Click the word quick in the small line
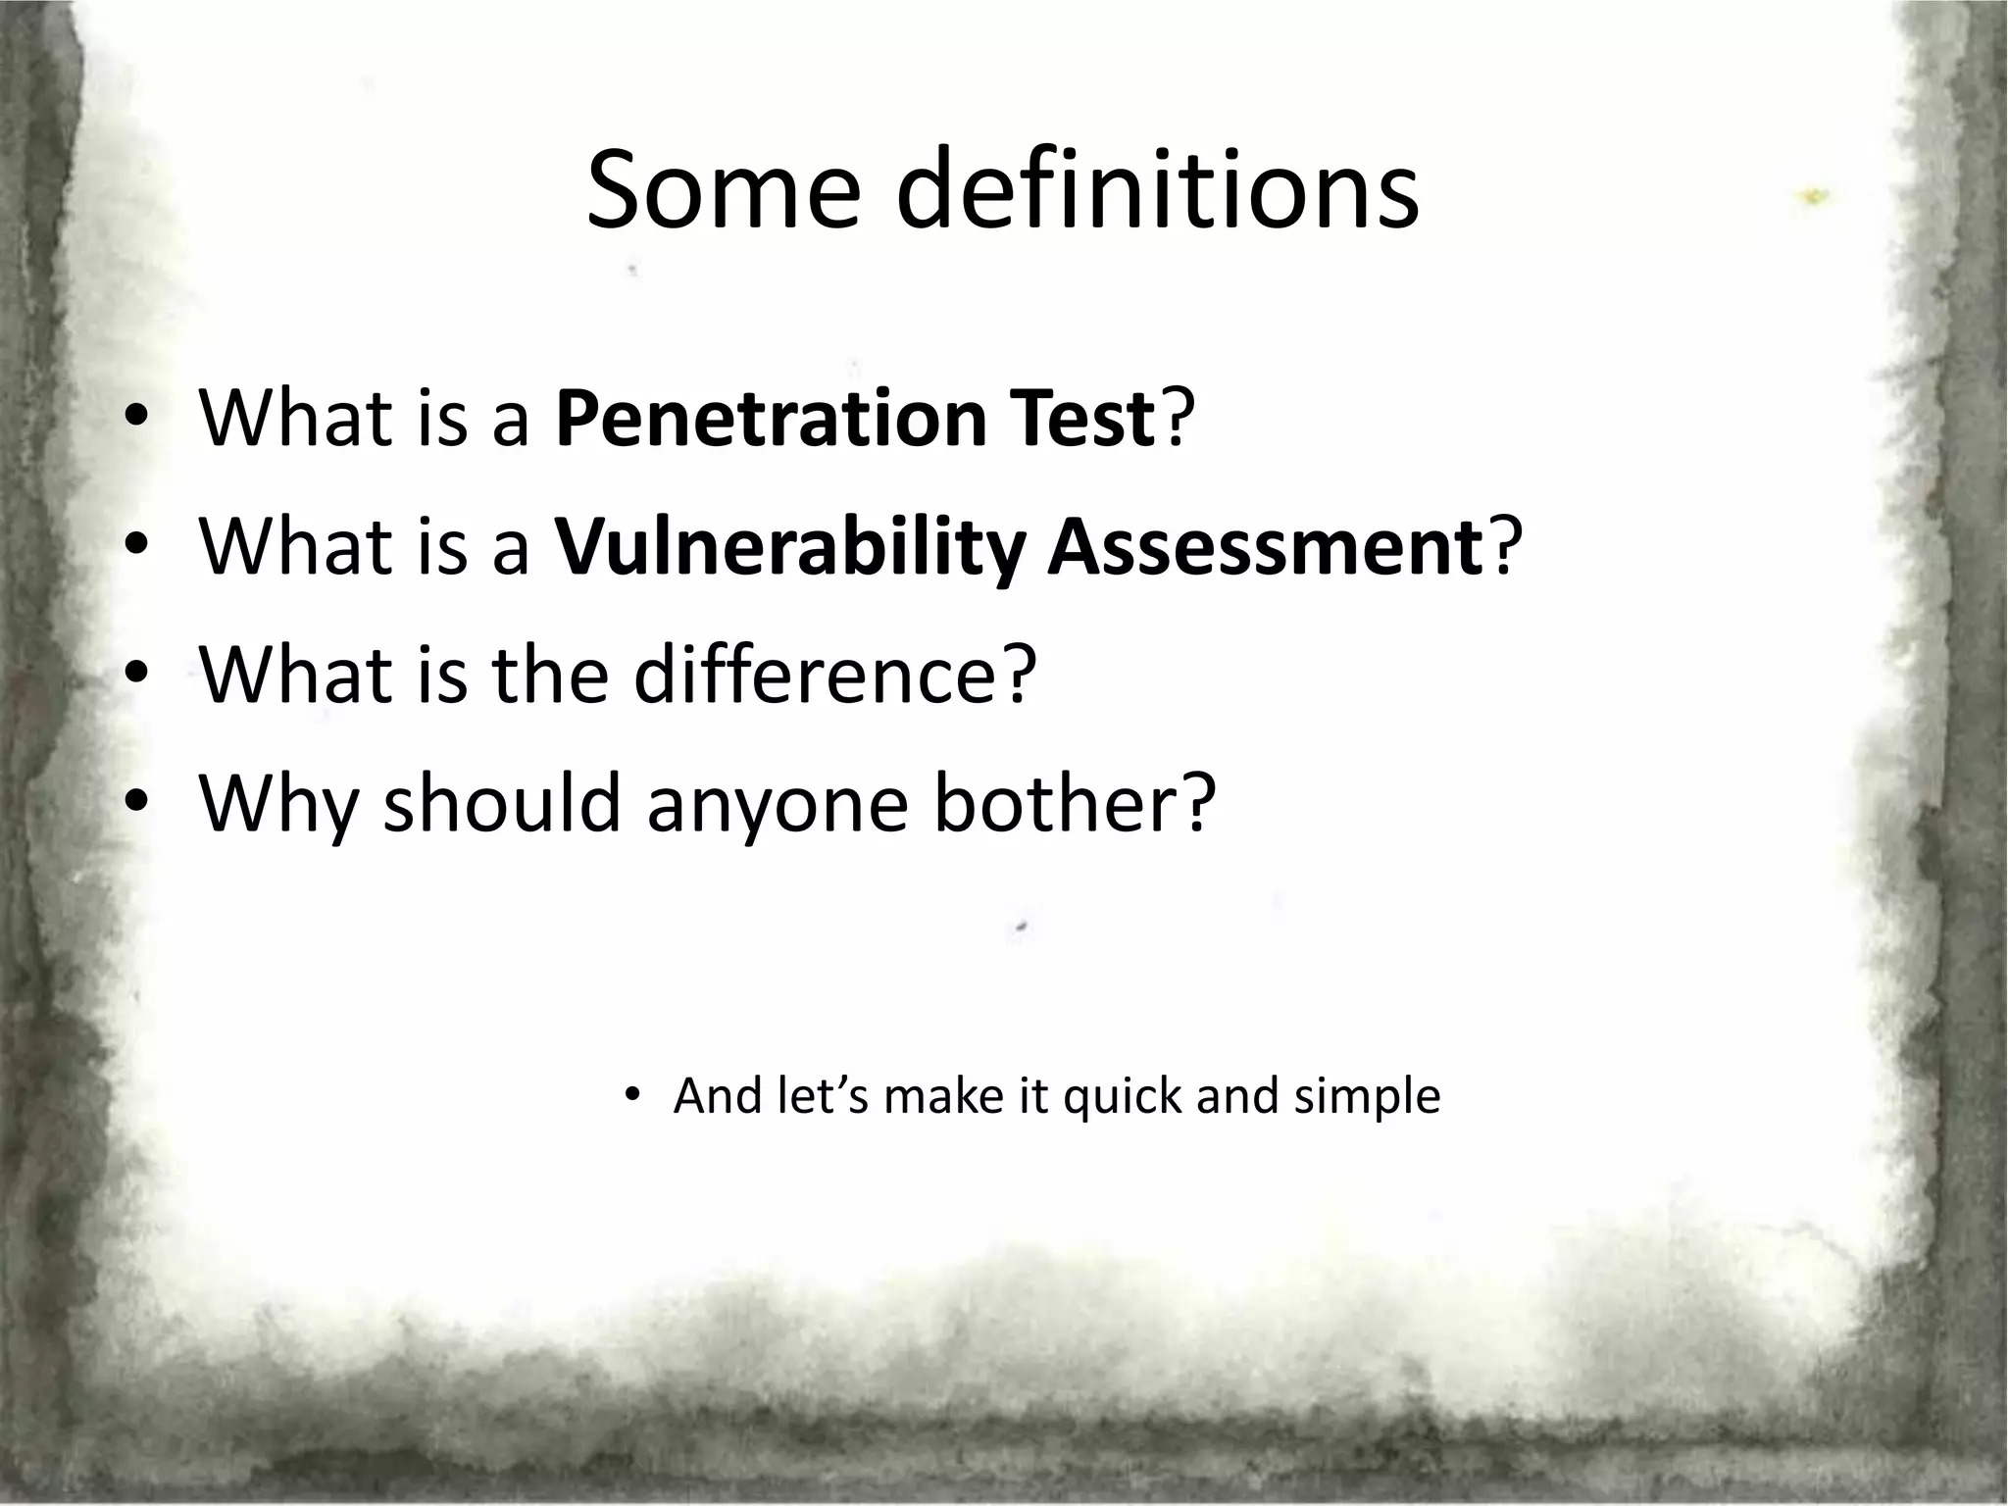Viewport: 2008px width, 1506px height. [1122, 1096]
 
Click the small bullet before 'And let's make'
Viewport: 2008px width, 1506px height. [632, 1095]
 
